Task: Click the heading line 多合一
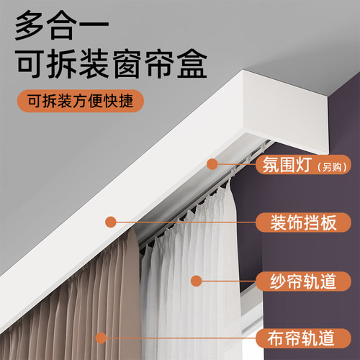(57, 28)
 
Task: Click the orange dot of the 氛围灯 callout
(212, 164)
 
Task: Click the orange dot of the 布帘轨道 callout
(102, 336)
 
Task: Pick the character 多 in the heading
(27, 28)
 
